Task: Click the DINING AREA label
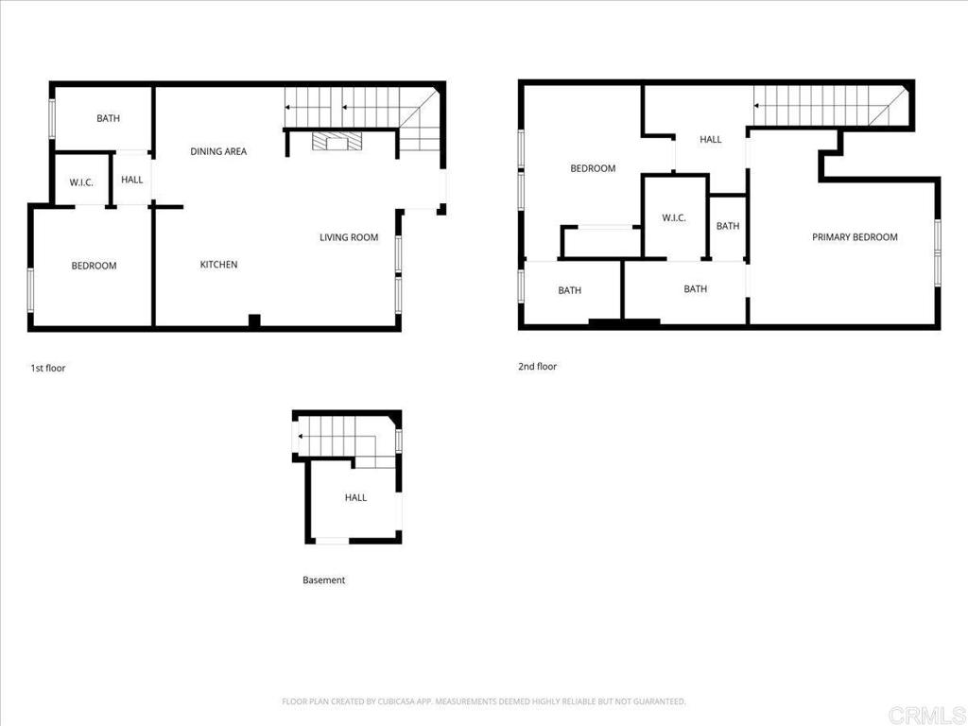point(218,151)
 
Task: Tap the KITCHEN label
point(218,265)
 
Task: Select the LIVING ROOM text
point(349,237)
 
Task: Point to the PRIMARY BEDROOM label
point(855,237)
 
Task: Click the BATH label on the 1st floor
point(108,118)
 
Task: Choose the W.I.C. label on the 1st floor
point(81,182)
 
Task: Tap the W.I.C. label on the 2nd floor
point(674,218)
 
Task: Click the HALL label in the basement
point(355,497)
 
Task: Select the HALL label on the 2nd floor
point(710,140)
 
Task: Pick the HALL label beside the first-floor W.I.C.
point(132,180)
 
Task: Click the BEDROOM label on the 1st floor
point(94,266)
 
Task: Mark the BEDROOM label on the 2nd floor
point(593,168)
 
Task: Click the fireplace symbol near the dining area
point(336,142)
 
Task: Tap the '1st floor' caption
point(48,368)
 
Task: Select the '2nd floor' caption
point(537,366)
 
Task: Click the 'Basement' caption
point(323,580)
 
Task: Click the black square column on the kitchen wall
point(253,321)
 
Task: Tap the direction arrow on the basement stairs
point(300,436)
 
